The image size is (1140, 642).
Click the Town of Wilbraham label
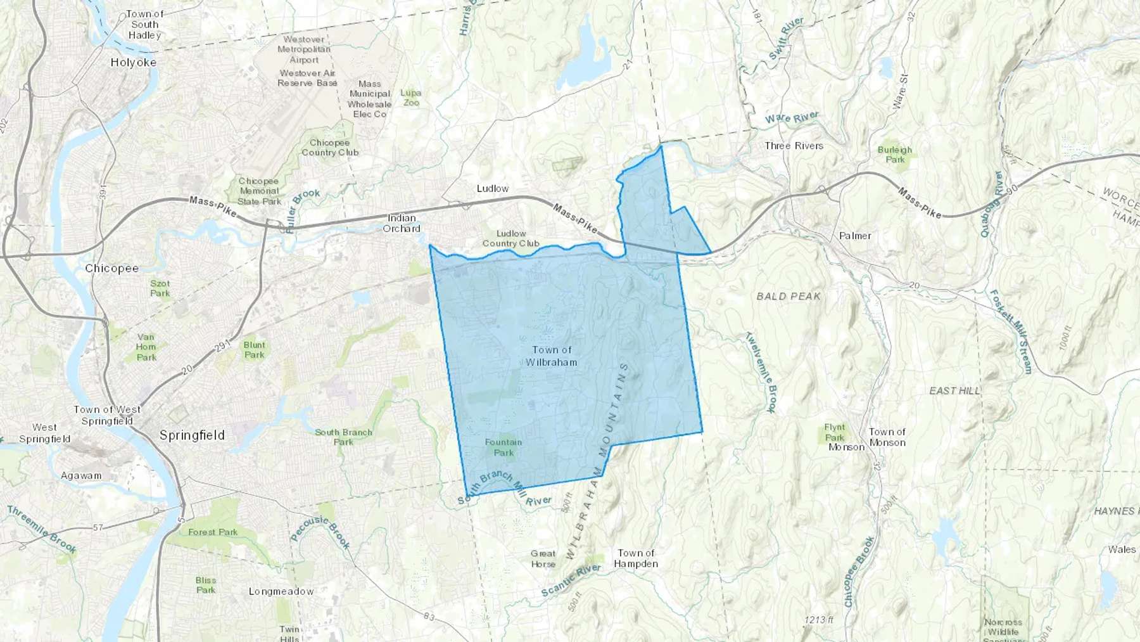tap(552, 356)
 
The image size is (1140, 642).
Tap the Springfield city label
tap(192, 435)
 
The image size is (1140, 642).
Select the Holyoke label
tap(133, 62)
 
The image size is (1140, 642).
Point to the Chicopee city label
tap(111, 268)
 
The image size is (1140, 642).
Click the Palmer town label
tap(855, 236)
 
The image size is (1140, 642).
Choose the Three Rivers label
tap(794, 146)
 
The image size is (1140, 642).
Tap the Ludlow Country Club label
tap(510, 238)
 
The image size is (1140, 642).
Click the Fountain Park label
tap(503, 447)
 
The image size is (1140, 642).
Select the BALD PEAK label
tap(788, 296)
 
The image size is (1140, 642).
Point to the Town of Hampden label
tap(636, 558)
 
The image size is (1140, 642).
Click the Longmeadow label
tap(281, 591)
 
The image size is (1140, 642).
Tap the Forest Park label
tap(213, 532)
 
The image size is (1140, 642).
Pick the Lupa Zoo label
tap(411, 98)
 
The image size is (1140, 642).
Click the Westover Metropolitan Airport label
tap(304, 49)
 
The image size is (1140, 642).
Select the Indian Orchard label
tap(402, 223)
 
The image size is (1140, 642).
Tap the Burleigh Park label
tap(895, 155)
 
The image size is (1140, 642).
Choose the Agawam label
tap(81, 475)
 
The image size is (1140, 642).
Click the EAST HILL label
tap(954, 391)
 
